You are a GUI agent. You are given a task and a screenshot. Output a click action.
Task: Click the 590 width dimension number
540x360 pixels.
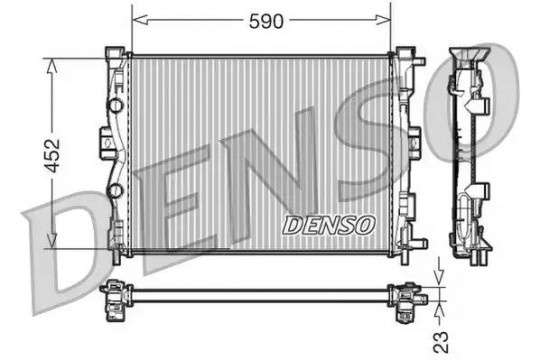(266, 21)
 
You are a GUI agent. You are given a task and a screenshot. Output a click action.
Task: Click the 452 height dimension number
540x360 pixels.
(53, 155)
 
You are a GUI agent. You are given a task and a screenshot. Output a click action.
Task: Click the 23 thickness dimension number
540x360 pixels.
(441, 342)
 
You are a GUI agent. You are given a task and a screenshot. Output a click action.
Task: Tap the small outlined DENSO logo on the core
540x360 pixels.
(329, 225)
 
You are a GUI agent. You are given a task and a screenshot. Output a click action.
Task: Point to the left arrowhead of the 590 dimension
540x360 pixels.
(140, 20)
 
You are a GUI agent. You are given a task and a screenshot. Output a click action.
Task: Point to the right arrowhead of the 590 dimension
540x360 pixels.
(383, 20)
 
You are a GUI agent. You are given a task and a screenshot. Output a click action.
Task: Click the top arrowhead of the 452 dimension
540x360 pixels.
(52, 66)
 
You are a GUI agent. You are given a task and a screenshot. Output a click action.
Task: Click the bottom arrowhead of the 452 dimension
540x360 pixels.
(52, 240)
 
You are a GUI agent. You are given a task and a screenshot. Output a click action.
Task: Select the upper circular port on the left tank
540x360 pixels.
(116, 105)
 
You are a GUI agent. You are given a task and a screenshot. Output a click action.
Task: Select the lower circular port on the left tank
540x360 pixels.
(115, 191)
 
